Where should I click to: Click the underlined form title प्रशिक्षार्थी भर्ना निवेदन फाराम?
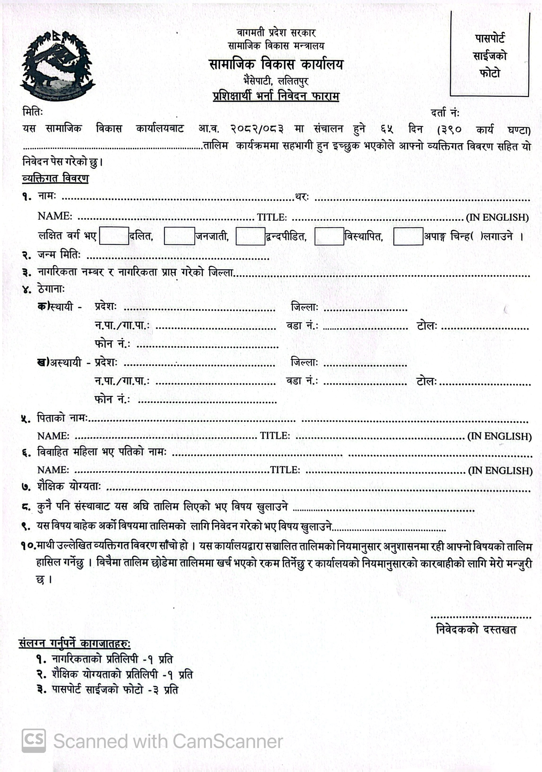tap(276, 96)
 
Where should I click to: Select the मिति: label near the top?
tap(33, 112)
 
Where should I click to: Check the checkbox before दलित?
tap(114, 236)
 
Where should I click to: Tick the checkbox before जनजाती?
tap(179, 236)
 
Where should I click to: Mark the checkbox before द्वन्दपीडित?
tap(250, 236)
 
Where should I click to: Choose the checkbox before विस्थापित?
tap(329, 236)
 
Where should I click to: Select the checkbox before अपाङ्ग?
tap(408, 236)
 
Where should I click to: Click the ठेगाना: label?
tap(51, 289)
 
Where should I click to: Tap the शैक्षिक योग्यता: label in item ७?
tap(69, 487)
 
